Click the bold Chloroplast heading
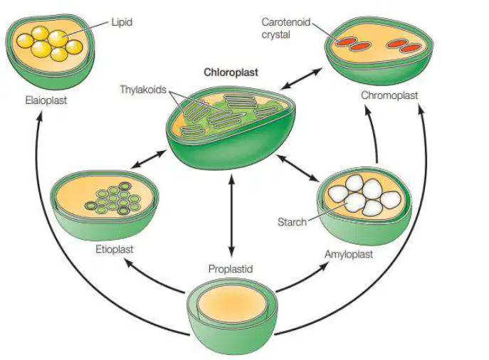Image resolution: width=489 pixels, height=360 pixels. coord(231,73)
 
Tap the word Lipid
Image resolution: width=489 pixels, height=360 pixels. coord(122,22)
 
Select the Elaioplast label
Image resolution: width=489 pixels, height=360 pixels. coord(46,100)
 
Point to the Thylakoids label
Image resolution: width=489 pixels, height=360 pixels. coord(143,90)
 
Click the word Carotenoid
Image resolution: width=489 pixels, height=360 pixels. coord(286,22)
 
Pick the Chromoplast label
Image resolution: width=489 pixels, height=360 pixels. coord(389,95)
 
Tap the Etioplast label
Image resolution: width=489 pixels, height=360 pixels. coord(114,249)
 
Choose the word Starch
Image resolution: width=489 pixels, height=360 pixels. coord(292,222)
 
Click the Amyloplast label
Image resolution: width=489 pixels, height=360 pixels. coord(348,254)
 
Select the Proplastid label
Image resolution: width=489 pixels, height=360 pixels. coord(230,269)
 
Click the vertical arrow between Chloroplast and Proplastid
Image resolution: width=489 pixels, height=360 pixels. coord(231,216)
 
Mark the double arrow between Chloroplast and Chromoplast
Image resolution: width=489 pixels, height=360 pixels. coord(301,78)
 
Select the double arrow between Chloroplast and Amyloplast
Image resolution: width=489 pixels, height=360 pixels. coord(298,168)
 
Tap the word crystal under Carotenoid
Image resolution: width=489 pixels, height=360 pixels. coord(275,34)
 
